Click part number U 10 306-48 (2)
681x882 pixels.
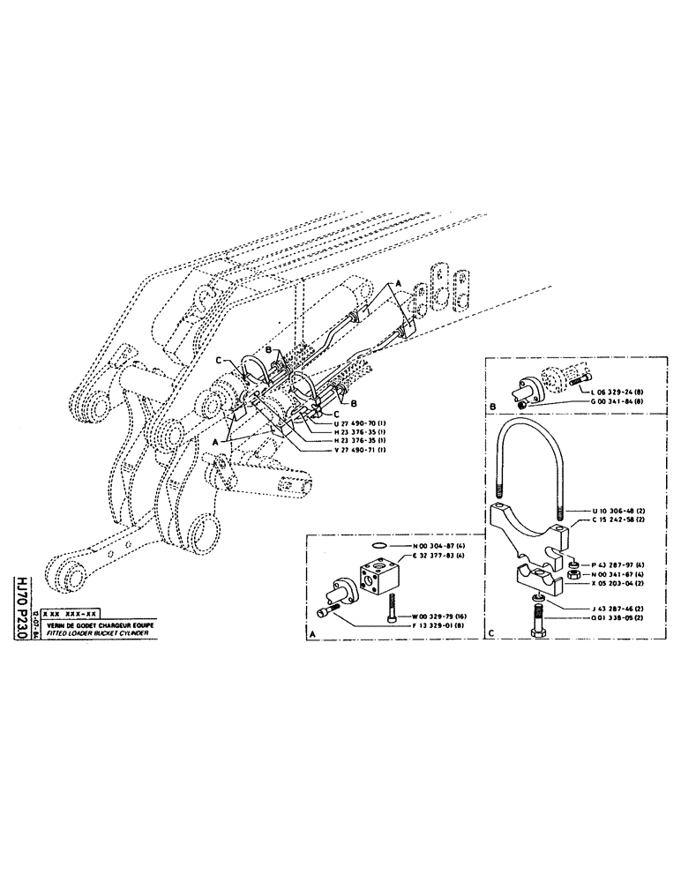click(x=609, y=511)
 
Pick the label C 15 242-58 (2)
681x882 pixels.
click(x=609, y=519)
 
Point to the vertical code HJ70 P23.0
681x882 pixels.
click(x=18, y=599)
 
